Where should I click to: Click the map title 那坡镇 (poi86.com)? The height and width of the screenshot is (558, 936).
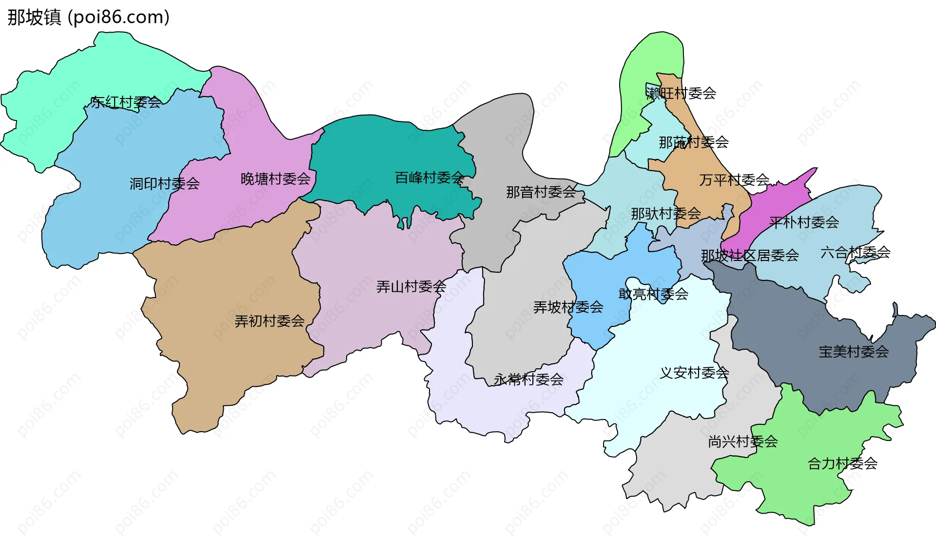88,17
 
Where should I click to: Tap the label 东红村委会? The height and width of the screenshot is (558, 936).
126,102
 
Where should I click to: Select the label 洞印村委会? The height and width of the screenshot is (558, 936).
164,183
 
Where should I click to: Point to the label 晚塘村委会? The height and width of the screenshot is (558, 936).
275,179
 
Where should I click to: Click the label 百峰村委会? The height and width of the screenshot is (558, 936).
429,178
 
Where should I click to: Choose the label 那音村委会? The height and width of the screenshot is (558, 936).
541,192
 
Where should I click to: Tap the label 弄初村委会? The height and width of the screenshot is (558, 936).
270,321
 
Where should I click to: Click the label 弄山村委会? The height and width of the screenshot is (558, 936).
411,286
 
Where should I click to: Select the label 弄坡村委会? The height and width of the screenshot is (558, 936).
568,307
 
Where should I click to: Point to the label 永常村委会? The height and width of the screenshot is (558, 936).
528,379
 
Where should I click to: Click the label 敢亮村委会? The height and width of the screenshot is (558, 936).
653,294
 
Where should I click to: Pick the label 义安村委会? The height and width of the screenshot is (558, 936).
694,373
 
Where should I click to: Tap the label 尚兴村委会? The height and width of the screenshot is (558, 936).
742,441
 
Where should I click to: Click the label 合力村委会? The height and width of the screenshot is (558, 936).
842,463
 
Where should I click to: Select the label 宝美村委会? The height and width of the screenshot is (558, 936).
854,351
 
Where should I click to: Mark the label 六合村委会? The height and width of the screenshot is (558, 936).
855,252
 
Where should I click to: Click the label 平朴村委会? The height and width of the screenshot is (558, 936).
804,222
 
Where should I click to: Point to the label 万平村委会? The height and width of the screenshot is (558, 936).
734,180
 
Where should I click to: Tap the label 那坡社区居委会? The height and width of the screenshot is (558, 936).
750,255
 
